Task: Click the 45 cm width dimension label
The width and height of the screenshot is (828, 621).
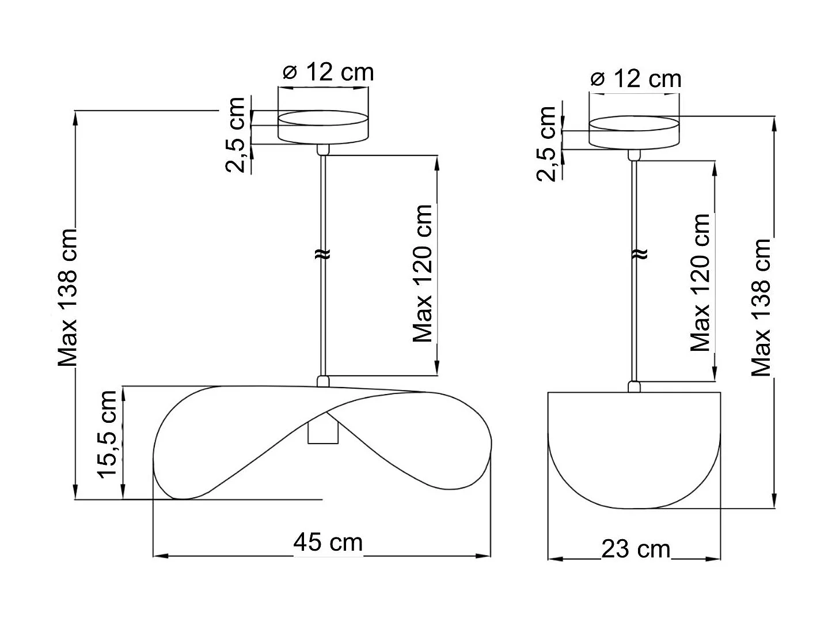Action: (x=328, y=542)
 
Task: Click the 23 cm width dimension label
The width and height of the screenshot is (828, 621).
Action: (x=636, y=549)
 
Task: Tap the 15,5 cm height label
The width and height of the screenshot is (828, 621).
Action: (x=108, y=434)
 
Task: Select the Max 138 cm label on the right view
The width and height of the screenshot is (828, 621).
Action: (x=761, y=308)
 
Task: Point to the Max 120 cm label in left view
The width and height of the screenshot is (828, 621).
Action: (x=423, y=274)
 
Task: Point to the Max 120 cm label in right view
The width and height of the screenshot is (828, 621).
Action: (x=701, y=282)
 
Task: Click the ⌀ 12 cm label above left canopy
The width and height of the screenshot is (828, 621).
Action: (x=329, y=73)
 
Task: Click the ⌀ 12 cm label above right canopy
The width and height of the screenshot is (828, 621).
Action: (x=636, y=78)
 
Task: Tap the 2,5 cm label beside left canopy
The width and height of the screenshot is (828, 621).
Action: (x=236, y=135)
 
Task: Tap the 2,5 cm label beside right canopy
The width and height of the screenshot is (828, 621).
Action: (x=547, y=144)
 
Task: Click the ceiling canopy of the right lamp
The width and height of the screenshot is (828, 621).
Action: (x=633, y=133)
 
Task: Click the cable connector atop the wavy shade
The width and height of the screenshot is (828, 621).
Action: (x=323, y=381)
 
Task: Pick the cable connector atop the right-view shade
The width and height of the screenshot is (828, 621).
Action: (x=634, y=387)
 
